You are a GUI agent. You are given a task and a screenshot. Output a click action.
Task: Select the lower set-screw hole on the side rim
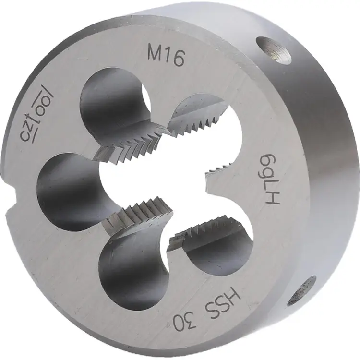point(304,290)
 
